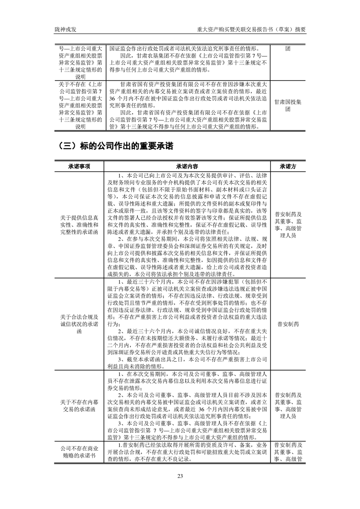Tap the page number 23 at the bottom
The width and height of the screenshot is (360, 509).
[x=180, y=475]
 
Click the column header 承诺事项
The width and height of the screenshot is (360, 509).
[x=79, y=166]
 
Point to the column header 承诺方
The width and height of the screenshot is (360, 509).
[x=288, y=166]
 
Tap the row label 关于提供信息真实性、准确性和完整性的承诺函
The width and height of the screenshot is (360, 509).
[x=79, y=225]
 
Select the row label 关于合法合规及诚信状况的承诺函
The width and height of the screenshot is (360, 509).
[x=79, y=324]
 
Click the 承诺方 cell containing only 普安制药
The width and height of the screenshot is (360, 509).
[x=288, y=324]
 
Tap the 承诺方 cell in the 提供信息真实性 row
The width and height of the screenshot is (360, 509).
[x=288, y=225]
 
